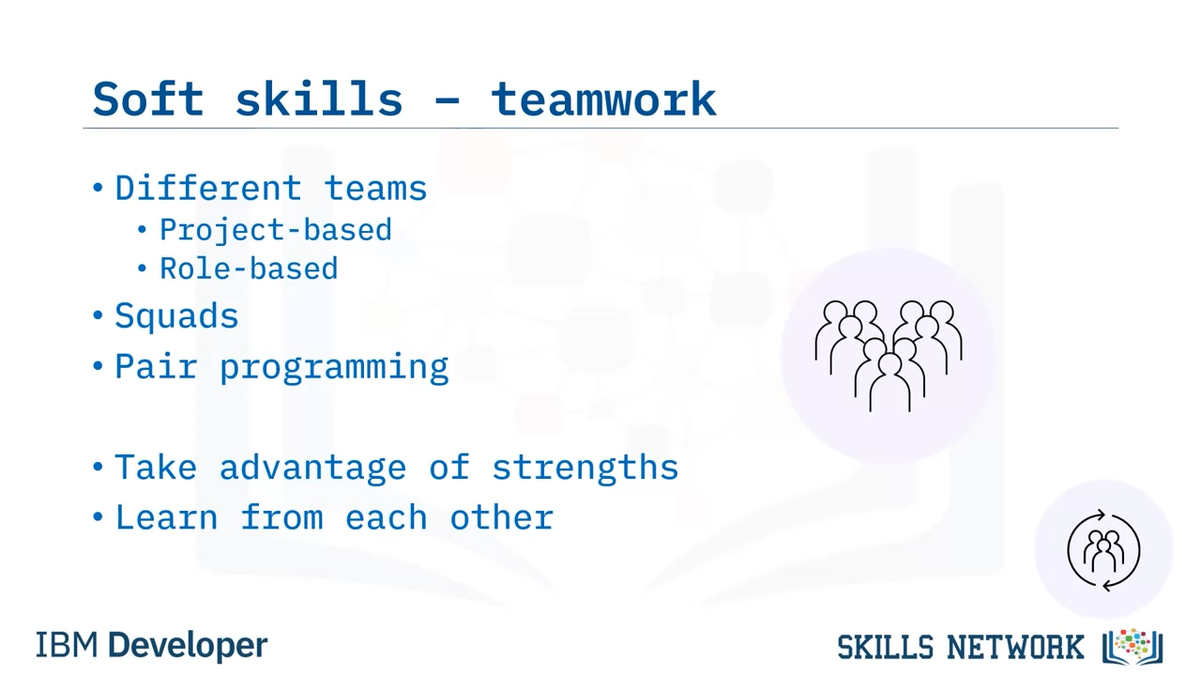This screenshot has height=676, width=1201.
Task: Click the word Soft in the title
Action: (148, 99)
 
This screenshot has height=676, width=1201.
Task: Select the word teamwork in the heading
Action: (603, 100)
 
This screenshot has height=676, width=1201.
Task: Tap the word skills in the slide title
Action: (319, 99)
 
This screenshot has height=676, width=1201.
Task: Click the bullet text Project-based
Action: (276, 231)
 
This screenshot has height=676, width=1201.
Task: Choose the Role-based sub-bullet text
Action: (249, 269)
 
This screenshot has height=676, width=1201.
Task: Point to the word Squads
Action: (176, 316)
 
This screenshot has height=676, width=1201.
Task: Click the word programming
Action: (334, 368)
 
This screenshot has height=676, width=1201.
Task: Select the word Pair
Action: (156, 366)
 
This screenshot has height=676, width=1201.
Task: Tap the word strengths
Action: (585, 468)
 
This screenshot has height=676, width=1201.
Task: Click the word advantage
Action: (312, 468)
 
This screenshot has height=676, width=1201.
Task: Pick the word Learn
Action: (166, 517)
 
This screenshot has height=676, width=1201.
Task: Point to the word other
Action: (501, 517)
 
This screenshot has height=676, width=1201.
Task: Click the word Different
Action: (208, 189)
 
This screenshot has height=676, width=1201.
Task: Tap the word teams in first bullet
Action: (375, 190)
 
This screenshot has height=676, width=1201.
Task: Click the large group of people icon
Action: (889, 356)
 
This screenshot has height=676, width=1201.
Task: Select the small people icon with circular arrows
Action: (1104, 550)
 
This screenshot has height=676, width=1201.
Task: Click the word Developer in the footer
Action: (188, 646)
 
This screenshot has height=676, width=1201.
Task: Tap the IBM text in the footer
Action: (67, 645)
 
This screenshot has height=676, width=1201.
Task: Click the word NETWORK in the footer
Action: (1015, 647)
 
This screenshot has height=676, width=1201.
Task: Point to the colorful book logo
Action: (1133, 647)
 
